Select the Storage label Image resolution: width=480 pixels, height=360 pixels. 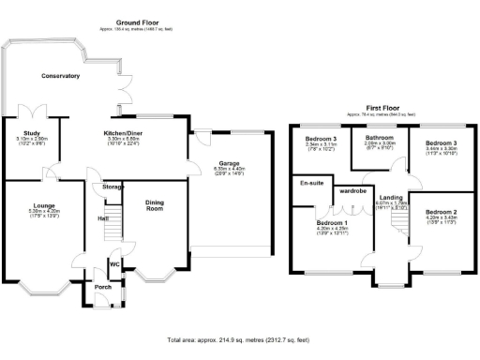tap(113, 187)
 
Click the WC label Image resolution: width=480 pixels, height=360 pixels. tap(114, 264)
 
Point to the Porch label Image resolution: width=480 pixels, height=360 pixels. tap(101, 287)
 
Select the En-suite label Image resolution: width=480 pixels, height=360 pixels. tap(311, 183)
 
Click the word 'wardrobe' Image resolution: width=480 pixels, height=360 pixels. tap(352, 190)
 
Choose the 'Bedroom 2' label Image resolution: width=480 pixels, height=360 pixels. tap(439, 213)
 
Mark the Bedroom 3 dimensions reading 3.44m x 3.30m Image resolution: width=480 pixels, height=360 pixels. tap(439, 147)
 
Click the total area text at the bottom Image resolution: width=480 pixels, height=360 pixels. tap(239, 338)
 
